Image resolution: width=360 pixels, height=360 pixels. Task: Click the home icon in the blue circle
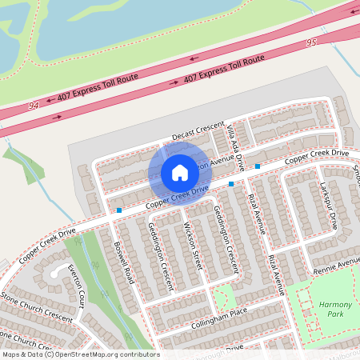pyautogui.click(x=180, y=173)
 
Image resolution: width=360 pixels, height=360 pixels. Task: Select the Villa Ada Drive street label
pyautogui.click(x=234, y=148)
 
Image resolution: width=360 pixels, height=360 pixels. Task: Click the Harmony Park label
pyautogui.click(x=335, y=310)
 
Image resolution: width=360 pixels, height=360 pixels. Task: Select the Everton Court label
pyautogui.click(x=77, y=287)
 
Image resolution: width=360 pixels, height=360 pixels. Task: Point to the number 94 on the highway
pyautogui.click(x=33, y=106)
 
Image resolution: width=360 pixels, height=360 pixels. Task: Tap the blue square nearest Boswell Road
pyautogui.click(x=119, y=210)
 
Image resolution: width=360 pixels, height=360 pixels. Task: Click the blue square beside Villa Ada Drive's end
pyautogui.click(x=258, y=166)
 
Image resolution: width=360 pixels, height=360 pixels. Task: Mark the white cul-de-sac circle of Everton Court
pyautogui.click(x=56, y=273)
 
